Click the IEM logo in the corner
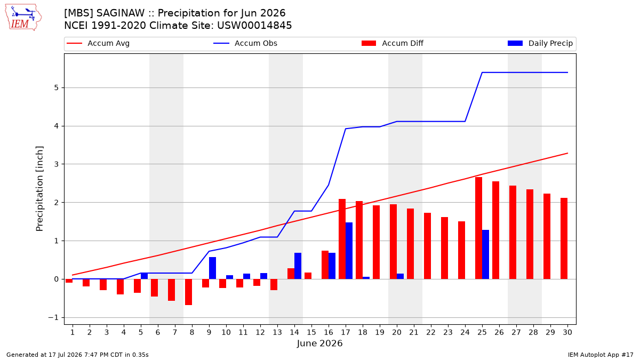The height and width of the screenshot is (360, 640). point(23,18)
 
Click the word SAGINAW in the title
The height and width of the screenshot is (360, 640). point(121,13)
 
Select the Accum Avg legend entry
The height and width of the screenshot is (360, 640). point(98,43)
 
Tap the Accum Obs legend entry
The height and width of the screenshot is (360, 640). point(245,43)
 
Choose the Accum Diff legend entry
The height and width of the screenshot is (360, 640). point(393,43)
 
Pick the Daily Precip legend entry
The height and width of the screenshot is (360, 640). point(540,43)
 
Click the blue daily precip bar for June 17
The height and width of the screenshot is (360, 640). point(349,251)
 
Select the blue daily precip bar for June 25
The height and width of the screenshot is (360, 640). point(485,254)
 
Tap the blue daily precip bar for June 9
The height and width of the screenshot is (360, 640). point(212,268)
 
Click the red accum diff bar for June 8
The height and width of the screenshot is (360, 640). point(188,292)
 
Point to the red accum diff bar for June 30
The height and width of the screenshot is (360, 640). point(564,238)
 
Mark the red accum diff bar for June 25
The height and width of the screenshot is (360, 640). point(478,228)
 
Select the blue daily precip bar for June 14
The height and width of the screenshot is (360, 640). point(298,266)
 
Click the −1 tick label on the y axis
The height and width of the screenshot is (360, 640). point(53,318)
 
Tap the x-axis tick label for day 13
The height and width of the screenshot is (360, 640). point(277,332)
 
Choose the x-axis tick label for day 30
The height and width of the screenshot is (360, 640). point(567,332)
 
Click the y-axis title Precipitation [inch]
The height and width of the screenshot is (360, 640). point(39,189)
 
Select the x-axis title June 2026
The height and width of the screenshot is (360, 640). point(319,343)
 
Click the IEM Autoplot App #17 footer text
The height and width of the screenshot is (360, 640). point(601,355)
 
